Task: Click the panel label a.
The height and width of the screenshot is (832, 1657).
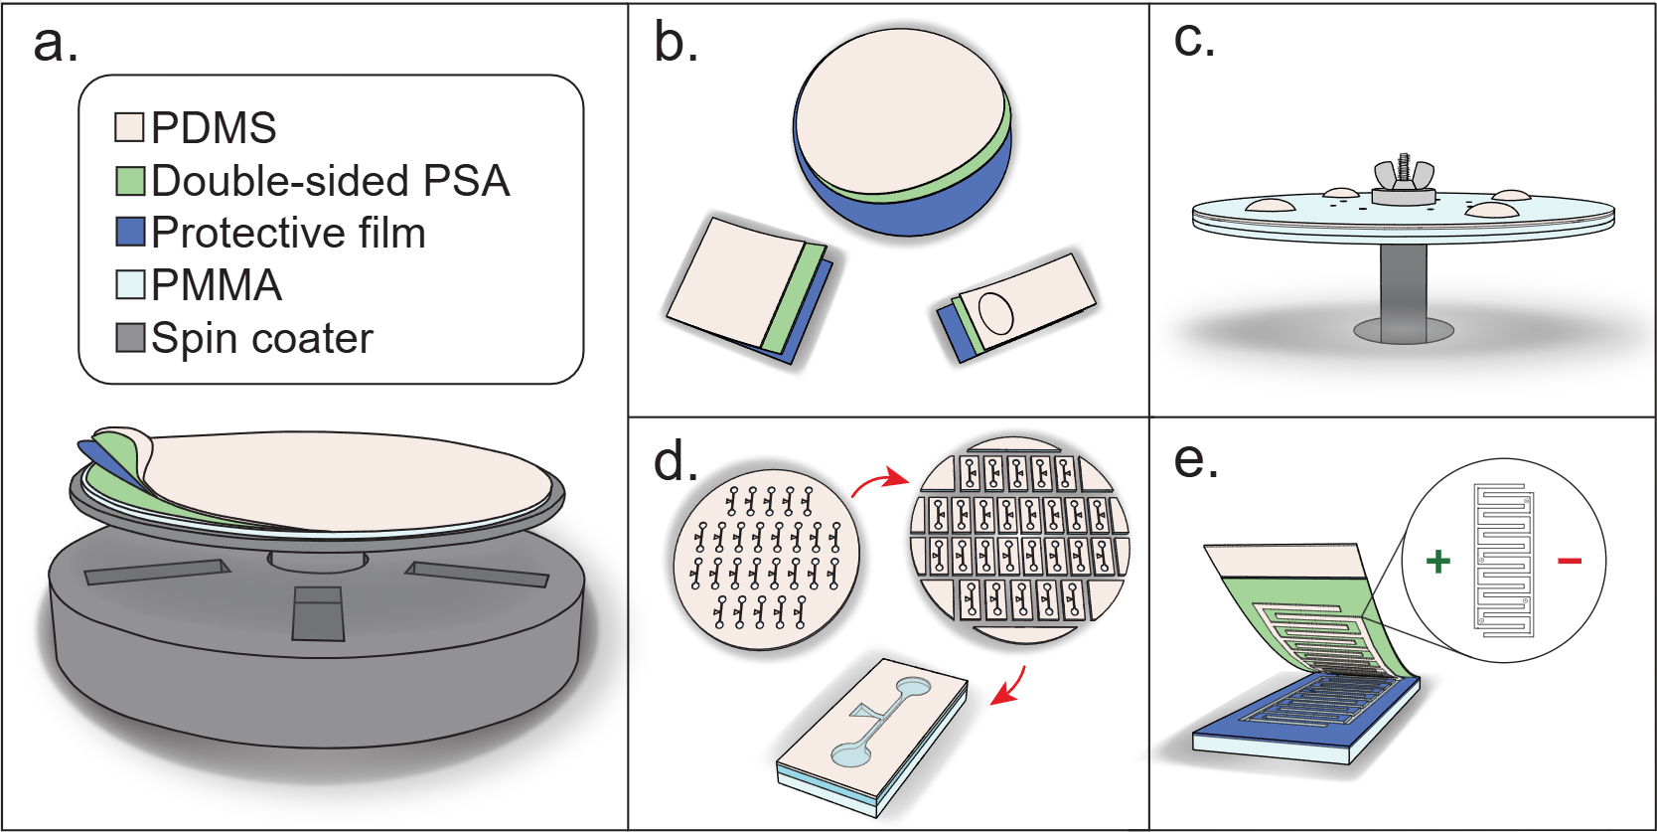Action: click(55, 45)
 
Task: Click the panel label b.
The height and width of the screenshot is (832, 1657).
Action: click(676, 45)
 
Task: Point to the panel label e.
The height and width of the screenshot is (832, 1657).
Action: click(1196, 459)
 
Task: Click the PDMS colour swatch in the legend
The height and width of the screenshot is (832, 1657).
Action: click(130, 127)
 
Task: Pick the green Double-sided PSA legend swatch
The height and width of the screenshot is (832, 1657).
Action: click(130, 181)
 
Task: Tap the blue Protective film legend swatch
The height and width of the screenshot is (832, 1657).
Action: click(130, 233)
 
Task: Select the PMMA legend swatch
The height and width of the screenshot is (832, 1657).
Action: click(130, 285)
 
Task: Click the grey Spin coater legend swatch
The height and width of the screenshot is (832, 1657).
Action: click(130, 338)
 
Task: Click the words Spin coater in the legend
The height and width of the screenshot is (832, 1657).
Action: click(262, 339)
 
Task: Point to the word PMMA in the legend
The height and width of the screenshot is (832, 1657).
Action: click(217, 286)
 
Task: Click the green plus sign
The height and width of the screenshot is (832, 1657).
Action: click(1437, 562)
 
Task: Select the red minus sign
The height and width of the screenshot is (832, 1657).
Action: click(1570, 562)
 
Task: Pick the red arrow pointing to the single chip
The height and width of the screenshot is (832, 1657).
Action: click(1010, 688)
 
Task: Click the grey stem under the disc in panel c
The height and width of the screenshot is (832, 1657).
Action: click(1403, 288)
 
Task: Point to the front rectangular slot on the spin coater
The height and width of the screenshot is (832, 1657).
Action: click(318, 613)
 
